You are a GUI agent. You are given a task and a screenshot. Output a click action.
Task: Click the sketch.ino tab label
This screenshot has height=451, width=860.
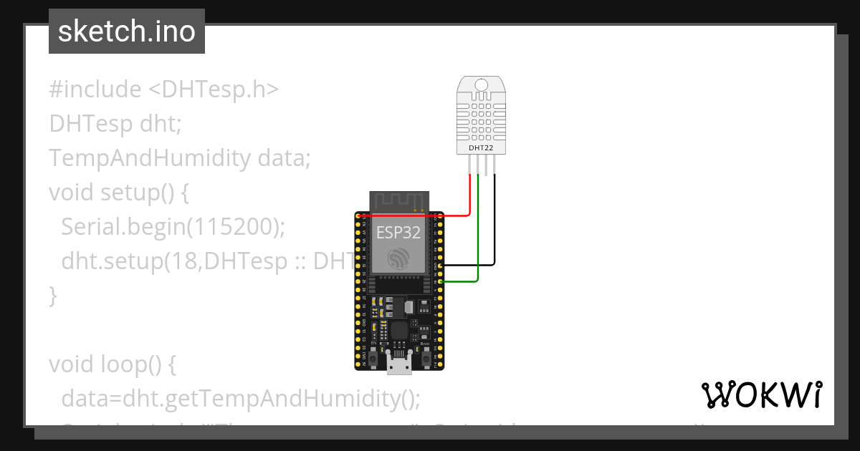click(126, 31)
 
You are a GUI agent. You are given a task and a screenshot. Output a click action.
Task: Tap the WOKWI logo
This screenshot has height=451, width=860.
click(761, 394)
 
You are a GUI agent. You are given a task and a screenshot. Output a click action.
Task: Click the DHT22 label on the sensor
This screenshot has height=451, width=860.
click(480, 148)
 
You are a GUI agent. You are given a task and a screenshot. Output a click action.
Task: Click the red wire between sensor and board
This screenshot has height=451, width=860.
click(469, 197)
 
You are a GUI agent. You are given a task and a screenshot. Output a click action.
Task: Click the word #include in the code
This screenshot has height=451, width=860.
click(95, 89)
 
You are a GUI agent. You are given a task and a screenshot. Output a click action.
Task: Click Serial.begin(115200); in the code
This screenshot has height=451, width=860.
click(173, 226)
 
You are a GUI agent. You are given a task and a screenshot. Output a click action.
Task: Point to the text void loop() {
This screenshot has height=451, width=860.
click(112, 364)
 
